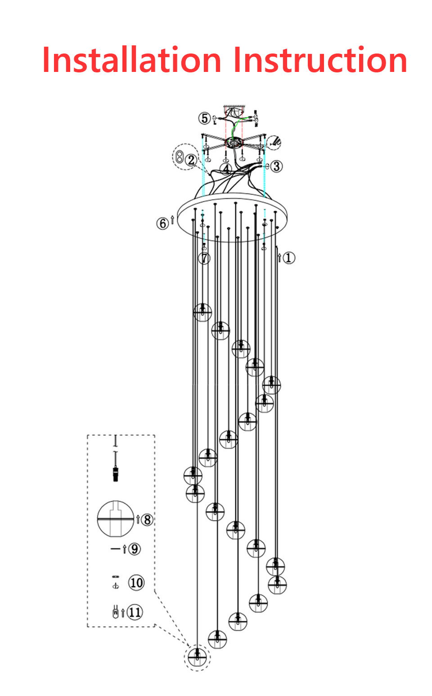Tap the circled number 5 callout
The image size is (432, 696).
coord(204,118)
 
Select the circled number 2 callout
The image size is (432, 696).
coord(191,160)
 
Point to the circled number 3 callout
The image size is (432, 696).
coord(276,166)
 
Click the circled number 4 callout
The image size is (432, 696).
coord(226,169)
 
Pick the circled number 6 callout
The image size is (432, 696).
coord(162,223)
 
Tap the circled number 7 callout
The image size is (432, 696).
coord(204,258)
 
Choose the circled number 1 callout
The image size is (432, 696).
coord(289,258)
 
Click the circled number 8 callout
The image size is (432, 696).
coord(147,520)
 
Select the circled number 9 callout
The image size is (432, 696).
coord(134,549)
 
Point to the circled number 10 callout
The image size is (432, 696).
coord(136,583)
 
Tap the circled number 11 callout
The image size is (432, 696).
coord(135,612)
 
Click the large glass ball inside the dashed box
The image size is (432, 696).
coord(116,519)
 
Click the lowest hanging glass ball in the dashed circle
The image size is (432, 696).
coord(197,657)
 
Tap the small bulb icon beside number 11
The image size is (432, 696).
coord(116,611)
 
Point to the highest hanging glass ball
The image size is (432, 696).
coord(202,312)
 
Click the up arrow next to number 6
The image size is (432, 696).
coord(172,220)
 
